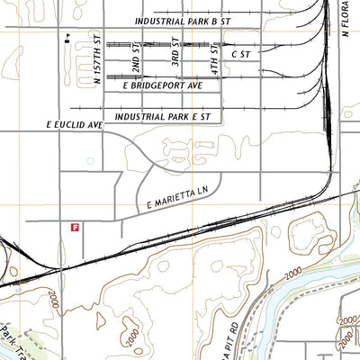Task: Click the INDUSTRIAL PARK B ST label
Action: pos(196,20)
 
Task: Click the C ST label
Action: pos(238,55)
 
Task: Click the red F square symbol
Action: pos(74,229)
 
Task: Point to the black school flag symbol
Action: pos(67,40)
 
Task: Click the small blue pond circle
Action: pos(90,160)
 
